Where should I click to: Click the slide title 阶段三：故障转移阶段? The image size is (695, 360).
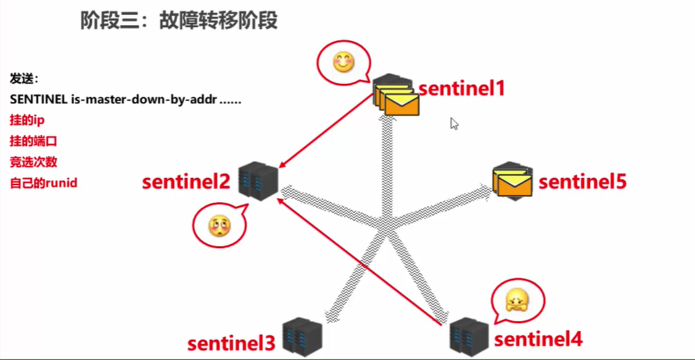179,21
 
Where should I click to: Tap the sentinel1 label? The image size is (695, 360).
461,87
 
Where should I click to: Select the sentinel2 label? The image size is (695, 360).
186,182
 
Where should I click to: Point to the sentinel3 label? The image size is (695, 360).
231,343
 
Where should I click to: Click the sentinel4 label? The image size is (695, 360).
538,338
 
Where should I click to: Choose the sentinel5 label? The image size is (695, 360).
582,182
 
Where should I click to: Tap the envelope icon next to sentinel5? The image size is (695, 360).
512,181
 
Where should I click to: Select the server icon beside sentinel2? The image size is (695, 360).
258,181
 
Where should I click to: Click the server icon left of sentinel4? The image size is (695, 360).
468,335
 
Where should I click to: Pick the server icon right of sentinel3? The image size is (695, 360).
302,335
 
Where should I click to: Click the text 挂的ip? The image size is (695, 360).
27,121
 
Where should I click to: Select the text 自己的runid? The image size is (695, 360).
43,183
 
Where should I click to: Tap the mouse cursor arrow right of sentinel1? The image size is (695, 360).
454,123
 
